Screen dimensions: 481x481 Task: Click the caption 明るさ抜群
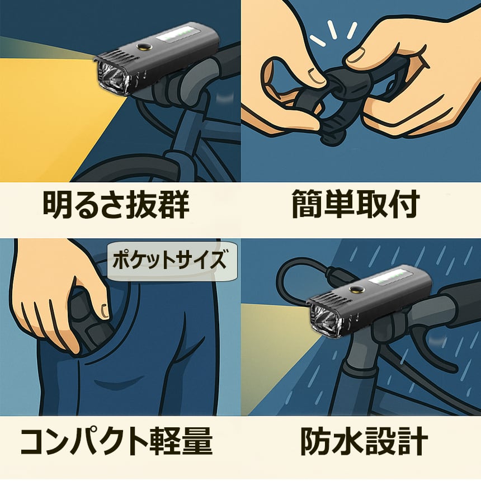(116, 204)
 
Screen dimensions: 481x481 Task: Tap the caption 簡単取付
(355, 204)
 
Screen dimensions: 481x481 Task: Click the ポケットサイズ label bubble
(172, 261)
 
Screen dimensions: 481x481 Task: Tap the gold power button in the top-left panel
(144, 46)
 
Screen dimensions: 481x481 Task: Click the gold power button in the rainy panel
(356, 289)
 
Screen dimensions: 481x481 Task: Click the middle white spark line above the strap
(332, 30)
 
